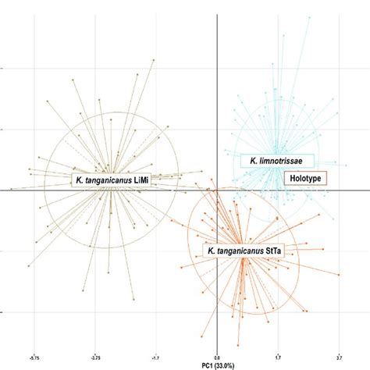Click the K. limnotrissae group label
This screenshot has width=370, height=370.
coord(276,161)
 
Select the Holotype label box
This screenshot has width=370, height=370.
coord(304,179)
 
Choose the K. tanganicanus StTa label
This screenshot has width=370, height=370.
coord(244,251)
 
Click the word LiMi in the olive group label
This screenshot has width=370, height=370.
coord(141,180)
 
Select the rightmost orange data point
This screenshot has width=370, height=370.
coord(340,275)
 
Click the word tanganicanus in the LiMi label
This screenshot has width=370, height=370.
coord(106,180)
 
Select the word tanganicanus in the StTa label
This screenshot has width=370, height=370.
coord(240,251)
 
